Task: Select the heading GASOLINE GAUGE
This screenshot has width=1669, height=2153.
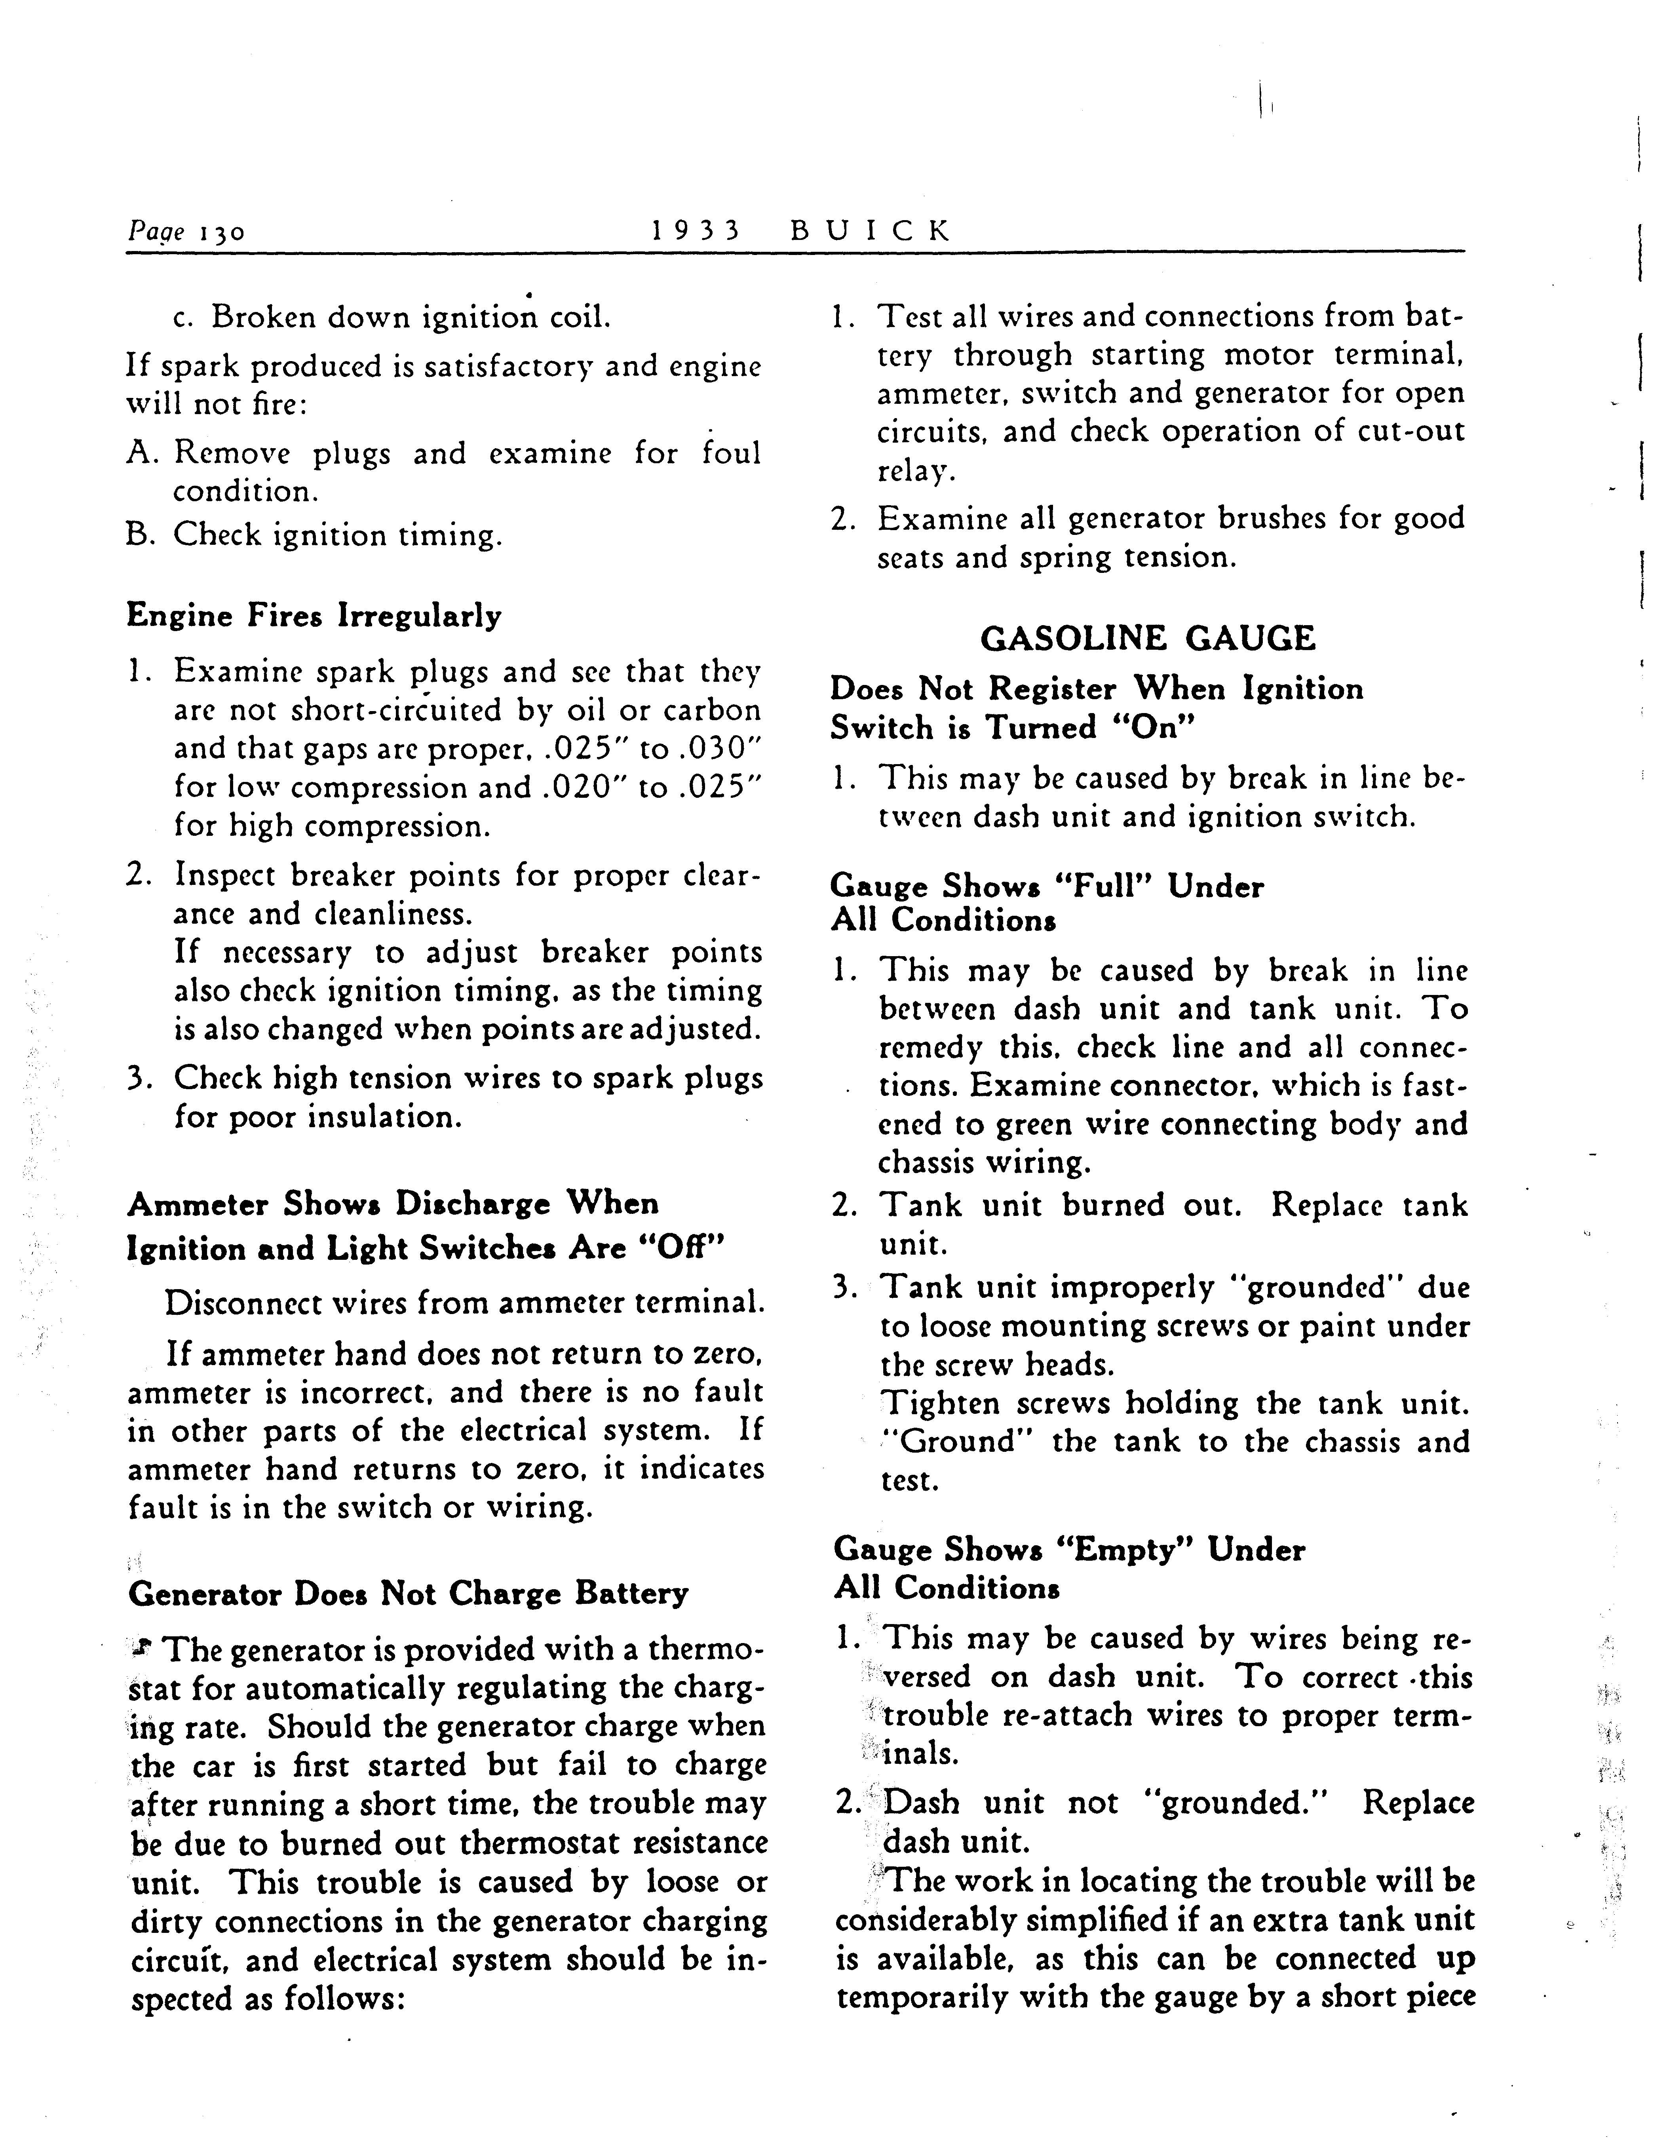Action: coord(1148,639)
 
